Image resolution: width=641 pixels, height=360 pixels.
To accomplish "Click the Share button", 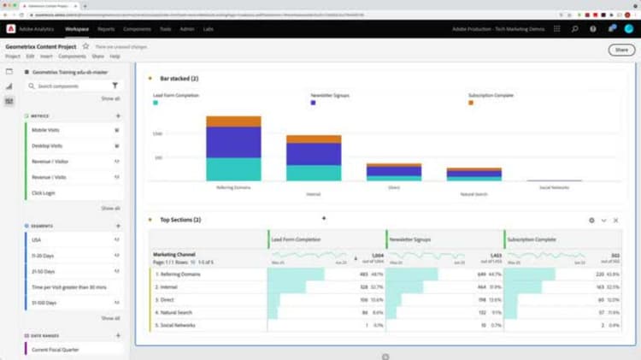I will (621, 50).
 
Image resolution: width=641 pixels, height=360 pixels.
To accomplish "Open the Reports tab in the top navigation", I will (106, 29).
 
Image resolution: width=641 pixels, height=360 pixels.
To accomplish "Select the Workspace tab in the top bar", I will (77, 29).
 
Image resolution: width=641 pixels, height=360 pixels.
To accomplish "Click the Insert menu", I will (46, 56).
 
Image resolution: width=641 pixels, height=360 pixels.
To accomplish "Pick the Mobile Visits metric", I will (45, 129).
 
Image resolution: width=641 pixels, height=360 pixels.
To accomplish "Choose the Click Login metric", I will (44, 192).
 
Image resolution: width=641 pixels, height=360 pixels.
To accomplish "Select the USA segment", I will (37, 239).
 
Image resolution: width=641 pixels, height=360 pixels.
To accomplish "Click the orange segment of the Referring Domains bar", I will (233, 121).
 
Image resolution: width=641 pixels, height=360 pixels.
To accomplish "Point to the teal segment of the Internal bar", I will (313, 173).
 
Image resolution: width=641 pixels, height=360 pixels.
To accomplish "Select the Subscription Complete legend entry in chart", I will (491, 95).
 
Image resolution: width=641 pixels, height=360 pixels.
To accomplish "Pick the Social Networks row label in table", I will (178, 325).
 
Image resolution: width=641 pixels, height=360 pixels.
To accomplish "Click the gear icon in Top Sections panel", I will (591, 220).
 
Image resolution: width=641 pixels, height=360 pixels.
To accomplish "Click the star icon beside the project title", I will (85, 45).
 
